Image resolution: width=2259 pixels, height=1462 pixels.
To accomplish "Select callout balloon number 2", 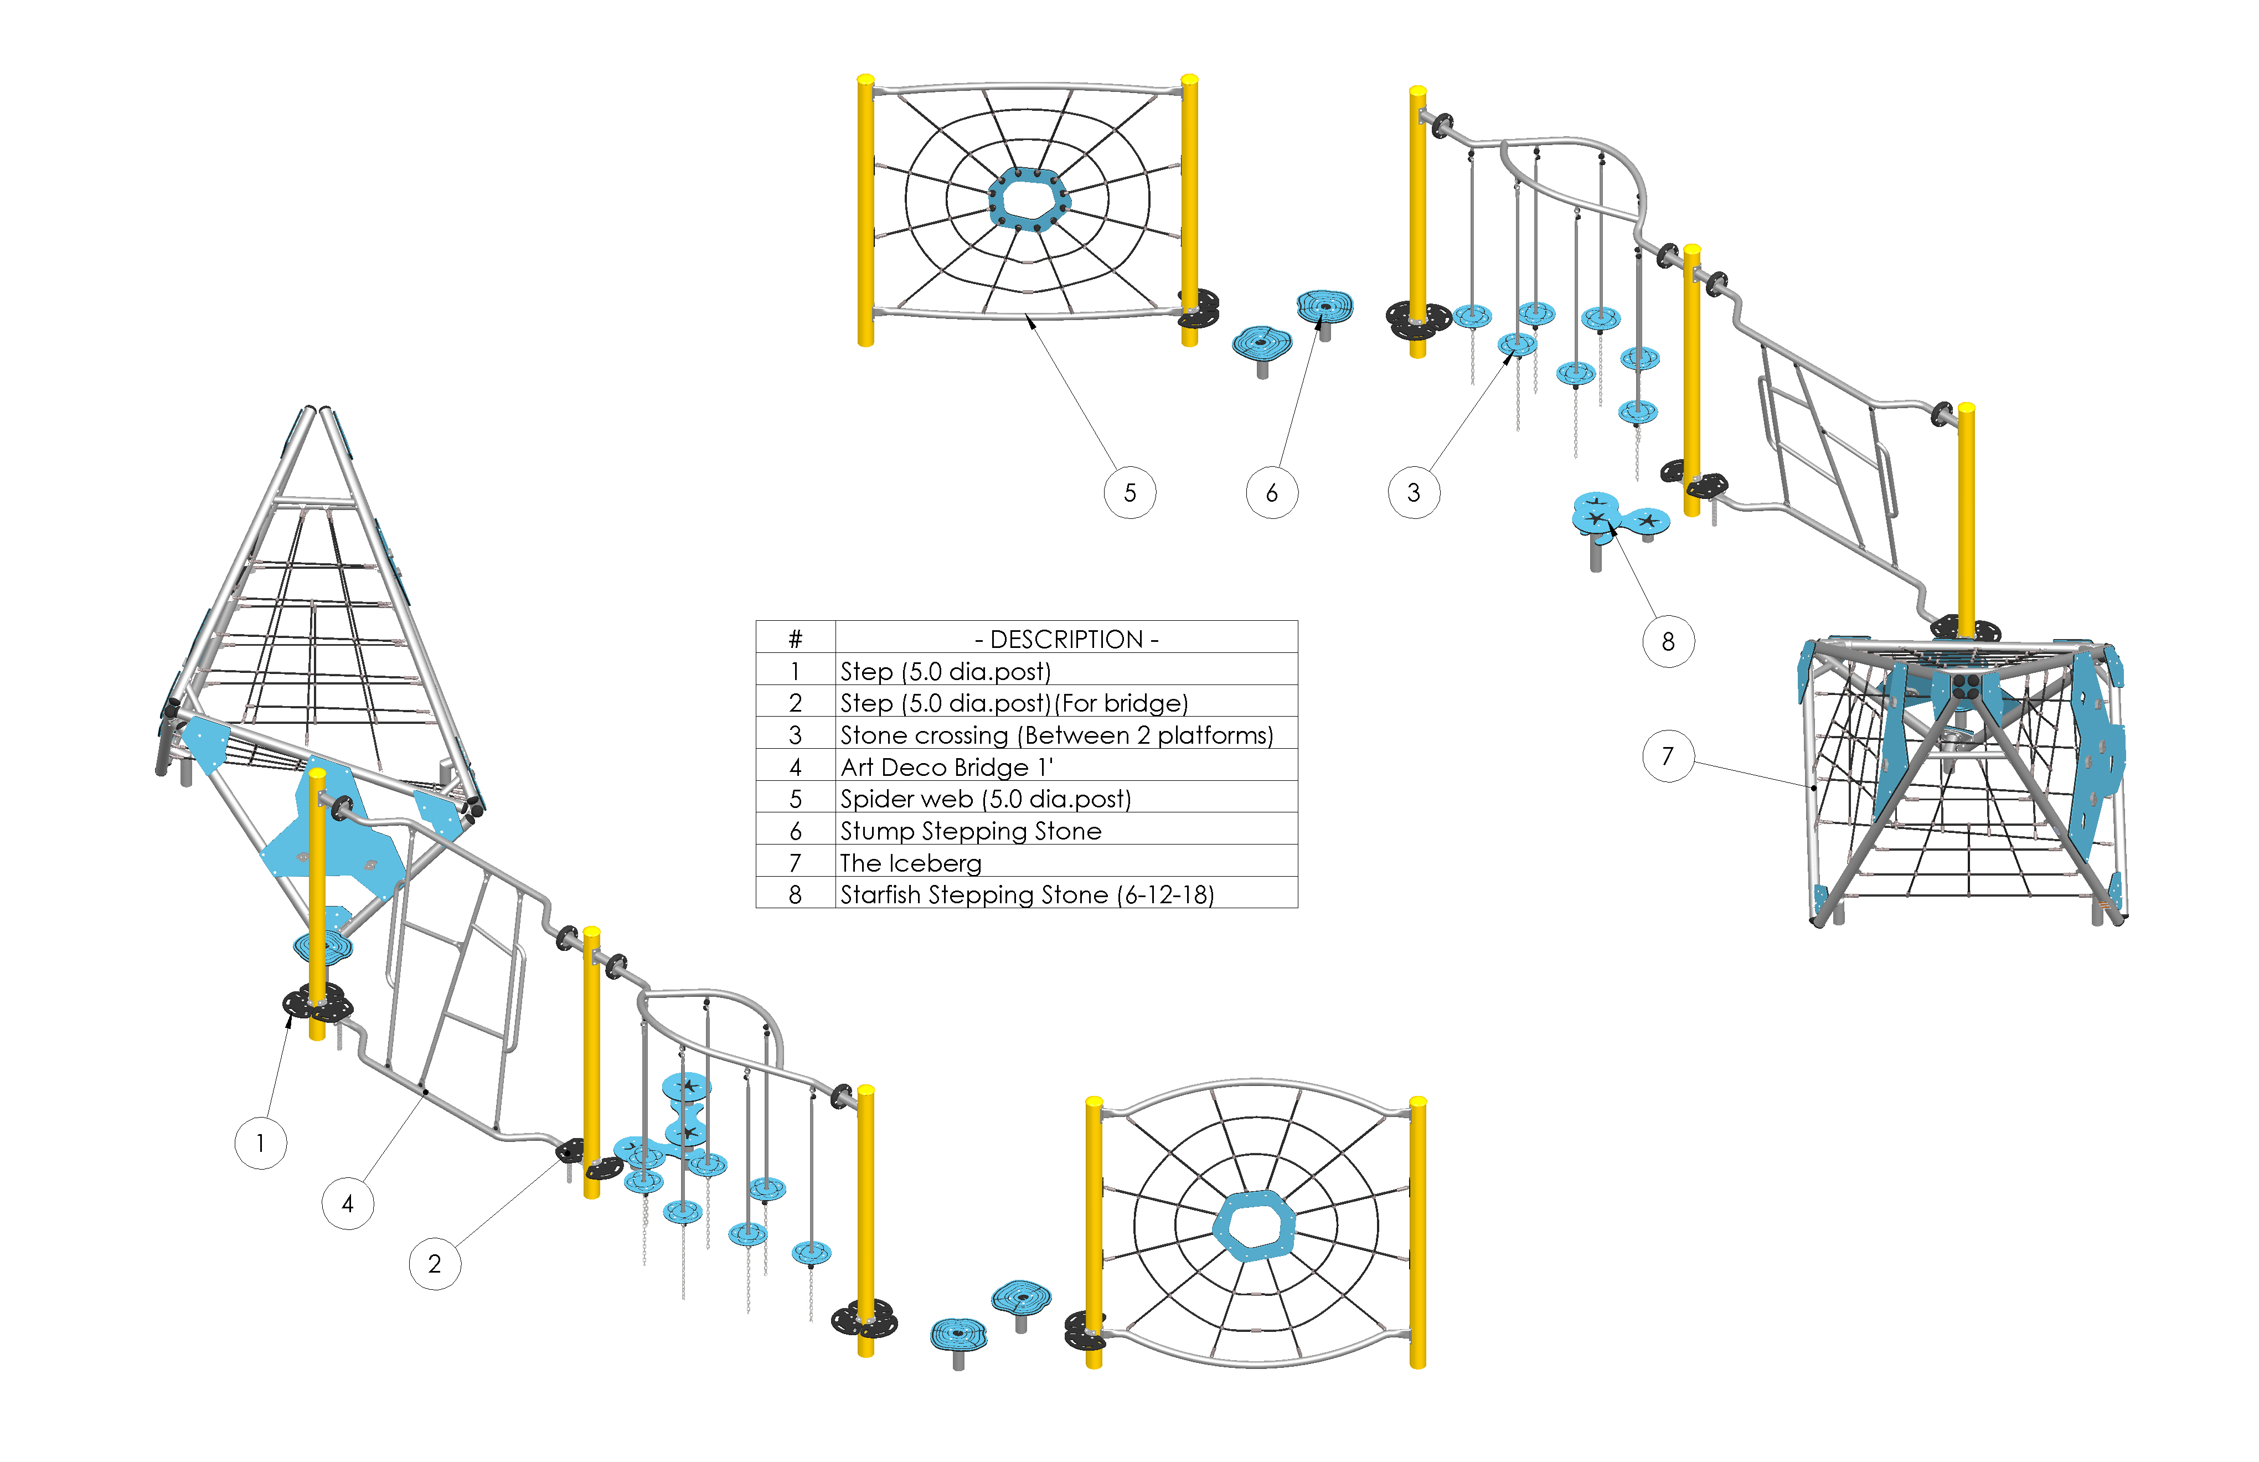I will [x=435, y=1264].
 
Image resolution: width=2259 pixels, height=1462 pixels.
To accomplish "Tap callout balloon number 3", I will [x=1414, y=493].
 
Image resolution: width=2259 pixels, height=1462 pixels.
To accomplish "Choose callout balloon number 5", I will [x=1129, y=493].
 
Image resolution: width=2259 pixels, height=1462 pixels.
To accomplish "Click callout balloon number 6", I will [x=1272, y=493].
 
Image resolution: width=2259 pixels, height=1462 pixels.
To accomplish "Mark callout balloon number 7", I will [x=1668, y=756].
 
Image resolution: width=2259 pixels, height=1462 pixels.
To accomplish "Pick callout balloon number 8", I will [x=1668, y=642].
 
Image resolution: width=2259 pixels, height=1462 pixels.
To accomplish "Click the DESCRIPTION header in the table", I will [x=1066, y=639].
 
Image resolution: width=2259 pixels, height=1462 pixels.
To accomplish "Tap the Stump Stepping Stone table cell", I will [x=970, y=831].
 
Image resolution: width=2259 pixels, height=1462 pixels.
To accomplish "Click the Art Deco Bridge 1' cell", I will [x=946, y=767].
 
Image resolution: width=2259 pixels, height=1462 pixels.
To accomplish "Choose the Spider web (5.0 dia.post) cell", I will [x=985, y=799].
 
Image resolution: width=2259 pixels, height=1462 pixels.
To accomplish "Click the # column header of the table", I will [x=796, y=639].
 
